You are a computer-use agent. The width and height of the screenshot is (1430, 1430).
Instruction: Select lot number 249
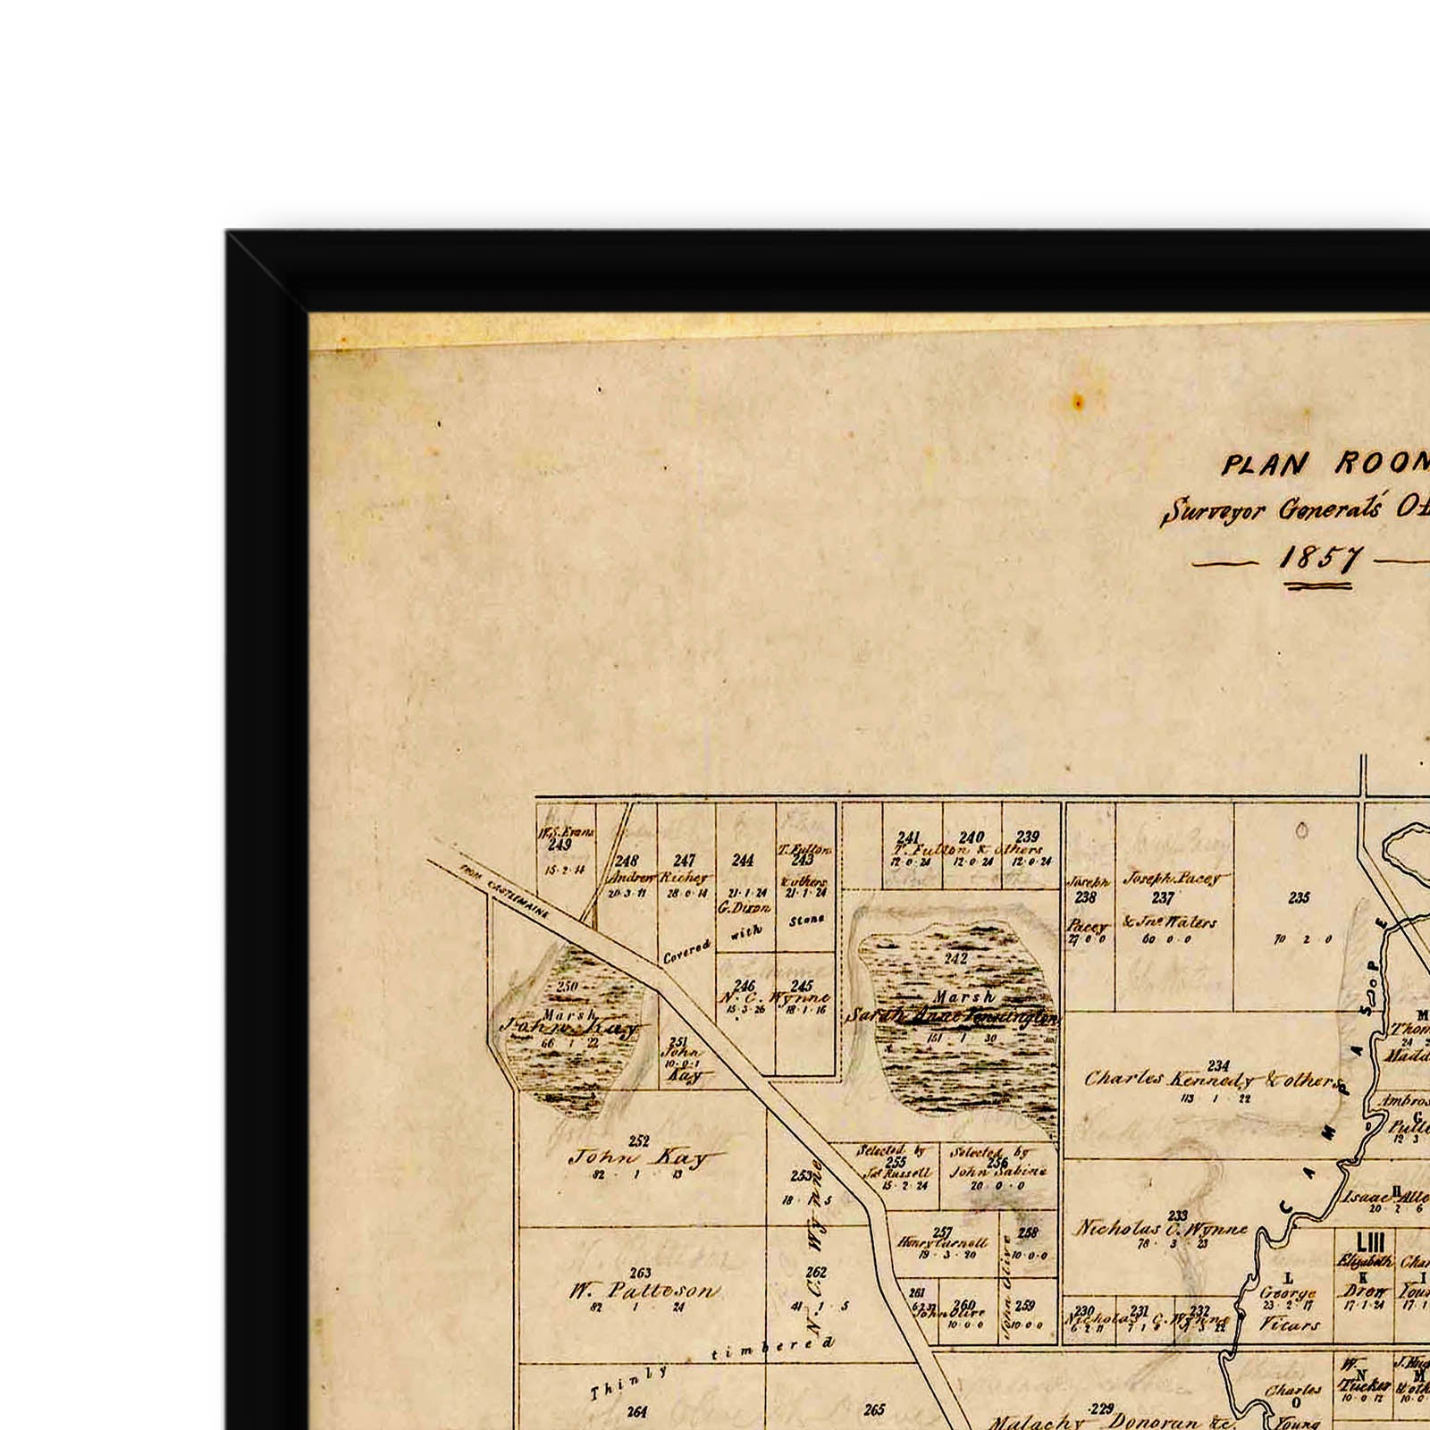pos(560,845)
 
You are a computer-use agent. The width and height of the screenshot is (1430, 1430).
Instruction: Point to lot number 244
pos(743,860)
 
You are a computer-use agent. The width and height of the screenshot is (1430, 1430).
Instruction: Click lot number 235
pos(1299,898)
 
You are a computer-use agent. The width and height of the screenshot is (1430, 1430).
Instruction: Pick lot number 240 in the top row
pos(972,838)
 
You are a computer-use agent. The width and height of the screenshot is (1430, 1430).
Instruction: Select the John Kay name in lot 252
pos(638,1157)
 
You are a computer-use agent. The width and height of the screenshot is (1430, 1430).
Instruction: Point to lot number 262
pos(815,1273)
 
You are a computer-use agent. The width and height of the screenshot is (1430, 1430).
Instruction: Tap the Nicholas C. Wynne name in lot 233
pos(1159,1229)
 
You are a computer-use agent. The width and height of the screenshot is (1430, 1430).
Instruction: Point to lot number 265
pos(874,1410)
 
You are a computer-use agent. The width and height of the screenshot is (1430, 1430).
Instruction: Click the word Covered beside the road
pos(686,951)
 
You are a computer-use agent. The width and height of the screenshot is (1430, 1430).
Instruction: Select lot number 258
pos(1028,1233)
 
